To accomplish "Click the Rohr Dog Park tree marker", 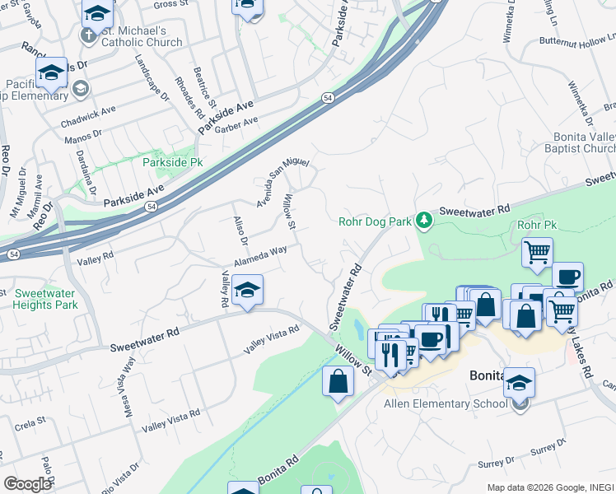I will (423, 220).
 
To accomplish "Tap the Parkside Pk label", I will (167, 162).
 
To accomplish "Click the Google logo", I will (27, 483).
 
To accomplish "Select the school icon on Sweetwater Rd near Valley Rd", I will (247, 291).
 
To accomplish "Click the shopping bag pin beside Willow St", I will (338, 381).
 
